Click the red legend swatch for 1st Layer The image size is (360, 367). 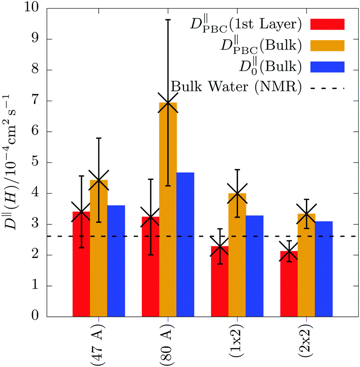[x=327, y=24]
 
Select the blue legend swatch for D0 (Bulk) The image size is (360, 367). [x=327, y=67]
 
